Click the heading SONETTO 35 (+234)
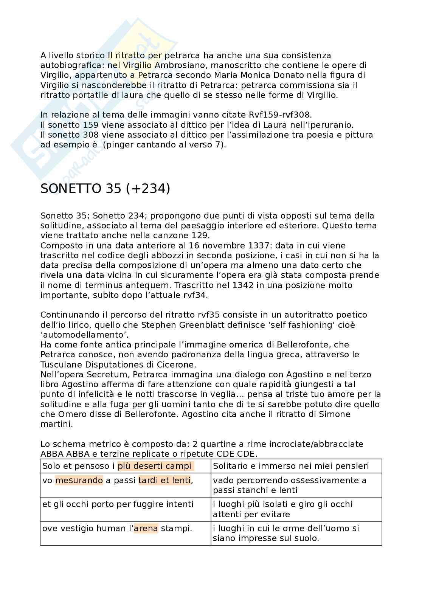tap(105, 188)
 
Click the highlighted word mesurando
tap(79, 481)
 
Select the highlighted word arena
tap(146, 528)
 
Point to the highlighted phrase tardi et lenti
tap(164, 481)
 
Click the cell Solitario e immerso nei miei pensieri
tap(291, 466)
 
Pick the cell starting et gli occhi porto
tap(118, 504)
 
